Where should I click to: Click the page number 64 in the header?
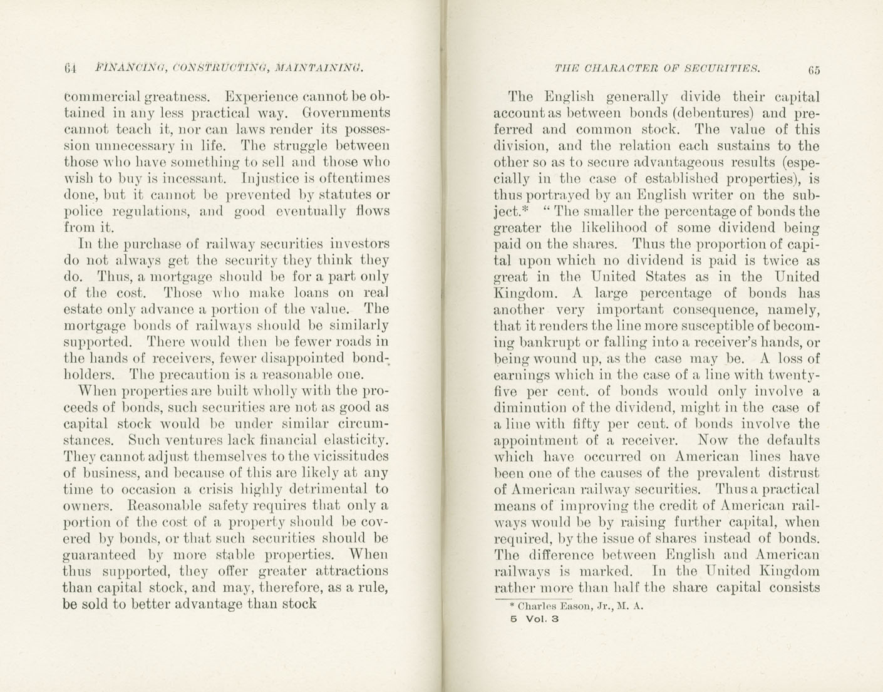(70, 68)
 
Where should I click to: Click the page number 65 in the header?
(813, 70)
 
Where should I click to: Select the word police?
(82, 212)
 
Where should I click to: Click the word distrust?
(792, 473)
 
